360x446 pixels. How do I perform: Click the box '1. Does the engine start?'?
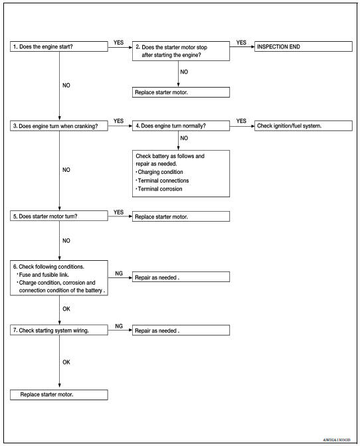click(x=59, y=47)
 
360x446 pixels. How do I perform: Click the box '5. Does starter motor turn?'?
click(x=59, y=216)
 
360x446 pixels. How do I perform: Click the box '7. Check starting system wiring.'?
click(x=59, y=330)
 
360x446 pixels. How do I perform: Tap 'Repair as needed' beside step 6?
click(x=181, y=277)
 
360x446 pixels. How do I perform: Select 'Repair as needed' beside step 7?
click(x=181, y=330)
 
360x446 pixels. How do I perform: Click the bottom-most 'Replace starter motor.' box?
click(x=59, y=394)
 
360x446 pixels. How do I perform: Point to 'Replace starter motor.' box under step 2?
click(x=181, y=93)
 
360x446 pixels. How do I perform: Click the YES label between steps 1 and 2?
click(x=119, y=42)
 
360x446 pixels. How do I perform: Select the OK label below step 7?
click(x=66, y=362)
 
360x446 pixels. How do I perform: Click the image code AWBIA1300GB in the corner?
click(x=338, y=439)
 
